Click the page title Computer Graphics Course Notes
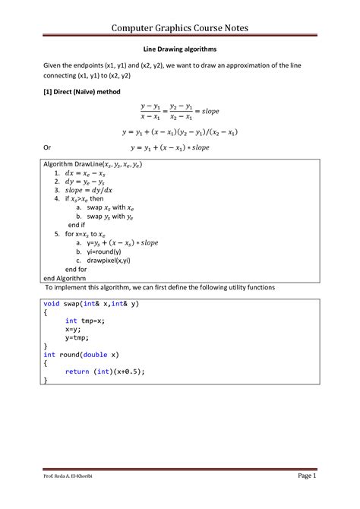(x=180, y=28)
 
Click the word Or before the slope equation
(x=47, y=147)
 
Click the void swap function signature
(x=91, y=303)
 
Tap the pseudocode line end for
(x=76, y=269)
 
